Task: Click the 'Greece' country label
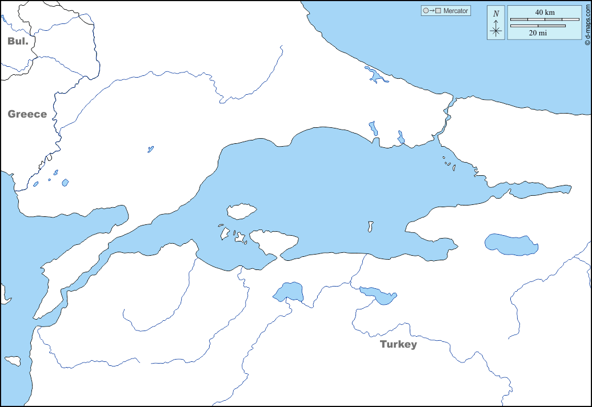(27, 114)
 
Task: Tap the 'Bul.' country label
(18, 41)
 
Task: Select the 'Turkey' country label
(398, 344)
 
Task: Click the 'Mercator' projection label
(455, 11)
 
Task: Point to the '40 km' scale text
(545, 12)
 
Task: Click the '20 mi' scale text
(538, 33)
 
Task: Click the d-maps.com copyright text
(587, 23)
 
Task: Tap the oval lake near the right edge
(511, 244)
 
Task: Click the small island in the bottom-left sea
(13, 361)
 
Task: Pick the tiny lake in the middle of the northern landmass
(150, 149)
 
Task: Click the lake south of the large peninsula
(289, 292)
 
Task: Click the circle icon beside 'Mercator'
(425, 11)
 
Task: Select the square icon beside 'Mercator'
(438, 11)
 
